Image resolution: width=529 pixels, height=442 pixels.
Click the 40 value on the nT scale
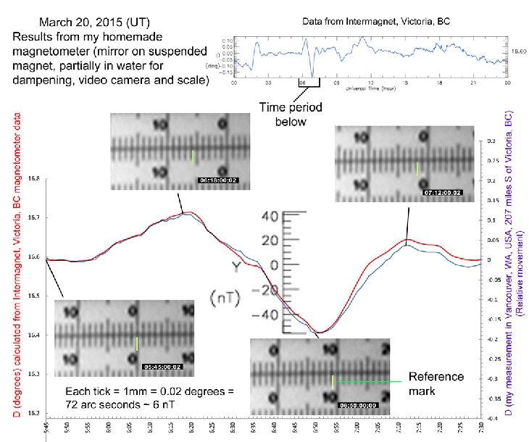270,215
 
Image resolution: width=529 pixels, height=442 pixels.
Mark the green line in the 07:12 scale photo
417,168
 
